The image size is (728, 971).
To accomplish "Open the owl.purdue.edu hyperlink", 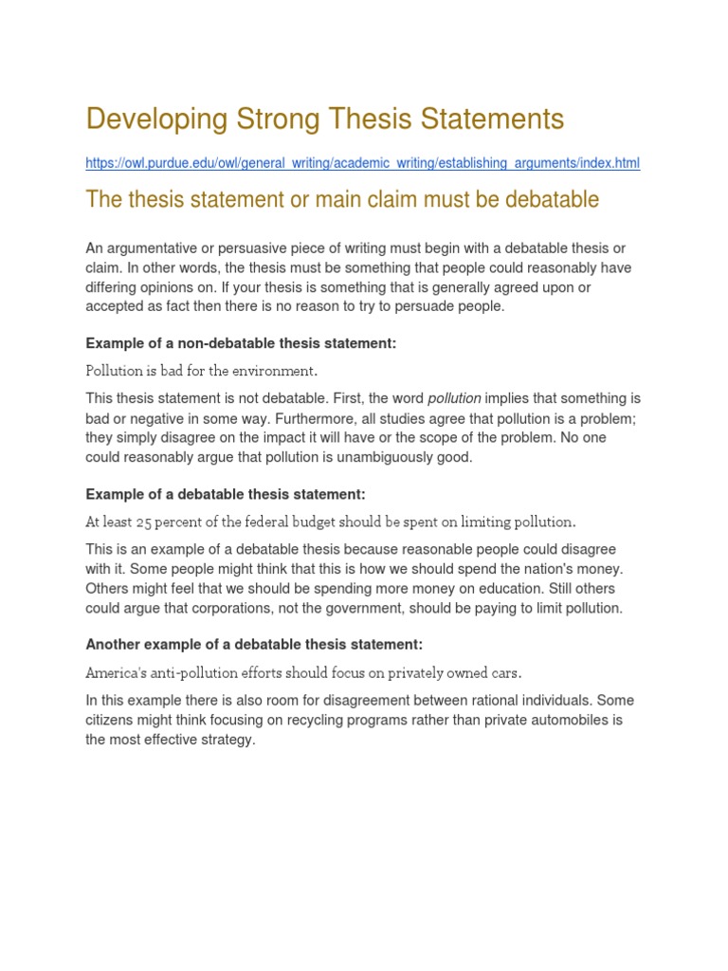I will pyautogui.click(x=362, y=163).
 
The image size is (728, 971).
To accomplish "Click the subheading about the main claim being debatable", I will pyautogui.click(x=342, y=200).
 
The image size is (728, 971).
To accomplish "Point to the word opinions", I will pyautogui.click(x=178, y=286).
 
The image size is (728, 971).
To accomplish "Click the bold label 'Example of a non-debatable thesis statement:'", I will pyautogui.click(x=241, y=343).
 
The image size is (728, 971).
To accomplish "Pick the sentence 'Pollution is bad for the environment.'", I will pyautogui.click(x=202, y=370).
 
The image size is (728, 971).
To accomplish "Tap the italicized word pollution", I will pyautogui.click(x=454, y=399).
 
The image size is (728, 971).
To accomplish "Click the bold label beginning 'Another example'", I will pyautogui.click(x=254, y=644).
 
